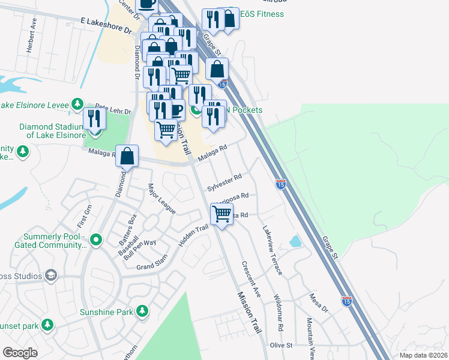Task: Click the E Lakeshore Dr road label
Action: point(106,25)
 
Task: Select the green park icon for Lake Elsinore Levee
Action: point(77,105)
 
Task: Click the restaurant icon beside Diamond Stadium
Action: point(94,118)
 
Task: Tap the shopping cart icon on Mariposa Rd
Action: point(221,214)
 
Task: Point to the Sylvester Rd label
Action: point(224,182)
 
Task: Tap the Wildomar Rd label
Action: point(277,313)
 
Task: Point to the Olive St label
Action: point(280,346)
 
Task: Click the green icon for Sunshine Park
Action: point(142,311)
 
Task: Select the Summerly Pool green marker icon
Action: point(95,241)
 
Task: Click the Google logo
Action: point(20,353)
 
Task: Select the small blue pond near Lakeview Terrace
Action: point(295,241)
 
